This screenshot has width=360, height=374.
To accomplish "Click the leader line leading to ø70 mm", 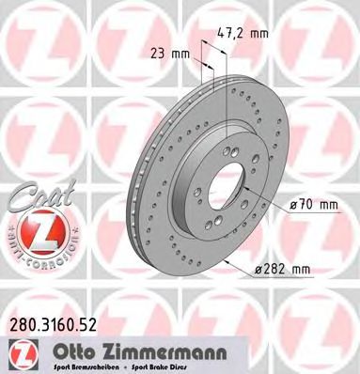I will click(x=269, y=199).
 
